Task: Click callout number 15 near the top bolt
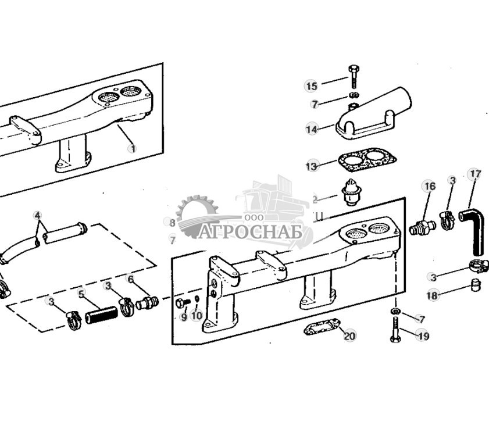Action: [x=312, y=86]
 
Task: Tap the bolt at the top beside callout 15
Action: [x=353, y=76]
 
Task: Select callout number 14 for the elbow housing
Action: [x=312, y=129]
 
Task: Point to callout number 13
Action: [x=312, y=166]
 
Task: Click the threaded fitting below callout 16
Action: [x=422, y=227]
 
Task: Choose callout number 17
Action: [x=475, y=174]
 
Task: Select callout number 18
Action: [x=432, y=295]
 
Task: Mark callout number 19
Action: [x=423, y=335]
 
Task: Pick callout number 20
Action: [x=349, y=335]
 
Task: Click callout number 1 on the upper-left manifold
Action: [x=133, y=148]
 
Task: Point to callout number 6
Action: [x=131, y=280]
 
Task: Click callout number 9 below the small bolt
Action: [x=184, y=317]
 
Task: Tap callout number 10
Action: [x=197, y=316]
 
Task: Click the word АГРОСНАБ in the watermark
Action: [x=253, y=233]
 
